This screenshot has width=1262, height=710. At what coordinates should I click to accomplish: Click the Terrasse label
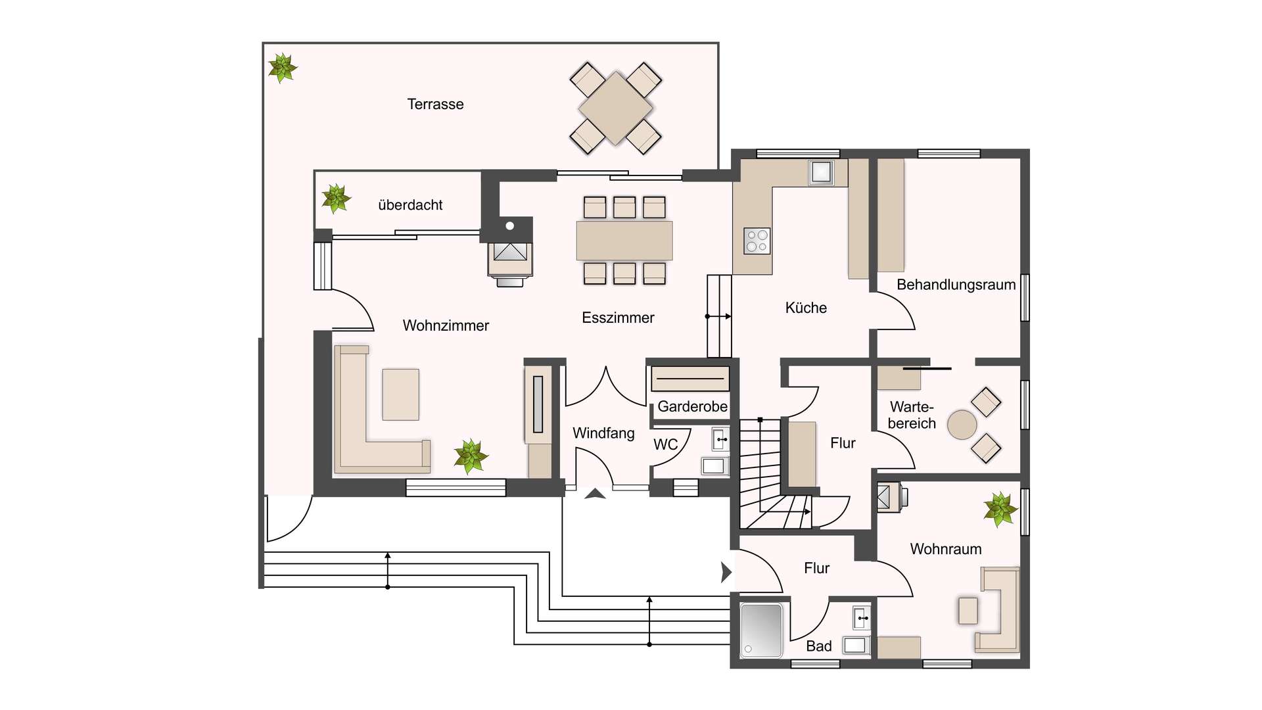click(435, 104)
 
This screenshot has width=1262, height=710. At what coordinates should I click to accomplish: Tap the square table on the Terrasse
click(616, 108)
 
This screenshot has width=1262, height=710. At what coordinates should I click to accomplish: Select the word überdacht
click(410, 205)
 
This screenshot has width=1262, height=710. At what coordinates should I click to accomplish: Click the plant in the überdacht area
click(336, 198)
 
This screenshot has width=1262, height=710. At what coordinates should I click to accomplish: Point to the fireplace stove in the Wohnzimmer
click(510, 260)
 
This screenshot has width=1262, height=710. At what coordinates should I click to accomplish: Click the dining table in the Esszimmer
click(624, 241)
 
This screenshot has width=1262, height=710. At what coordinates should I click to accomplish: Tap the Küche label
click(806, 308)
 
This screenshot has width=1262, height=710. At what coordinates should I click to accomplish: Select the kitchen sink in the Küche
click(821, 172)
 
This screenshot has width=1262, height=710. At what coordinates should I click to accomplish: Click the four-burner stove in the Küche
click(757, 241)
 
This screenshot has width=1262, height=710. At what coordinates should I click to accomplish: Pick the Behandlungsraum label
click(956, 285)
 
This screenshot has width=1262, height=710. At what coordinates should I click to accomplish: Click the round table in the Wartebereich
click(962, 425)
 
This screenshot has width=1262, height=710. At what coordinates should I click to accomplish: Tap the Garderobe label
click(692, 407)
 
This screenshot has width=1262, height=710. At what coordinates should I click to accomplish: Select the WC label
click(665, 445)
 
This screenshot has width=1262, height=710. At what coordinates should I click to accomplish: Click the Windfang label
click(603, 433)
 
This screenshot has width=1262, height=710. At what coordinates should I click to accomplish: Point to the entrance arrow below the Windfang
click(595, 493)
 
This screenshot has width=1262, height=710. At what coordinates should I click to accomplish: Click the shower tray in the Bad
click(762, 630)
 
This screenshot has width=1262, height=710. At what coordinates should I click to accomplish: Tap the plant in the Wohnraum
click(1000, 509)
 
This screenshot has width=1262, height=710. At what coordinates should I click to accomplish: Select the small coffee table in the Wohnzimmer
click(401, 394)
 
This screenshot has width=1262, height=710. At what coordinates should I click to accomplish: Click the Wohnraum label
click(946, 550)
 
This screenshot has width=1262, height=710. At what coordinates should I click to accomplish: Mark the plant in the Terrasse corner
click(283, 68)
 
